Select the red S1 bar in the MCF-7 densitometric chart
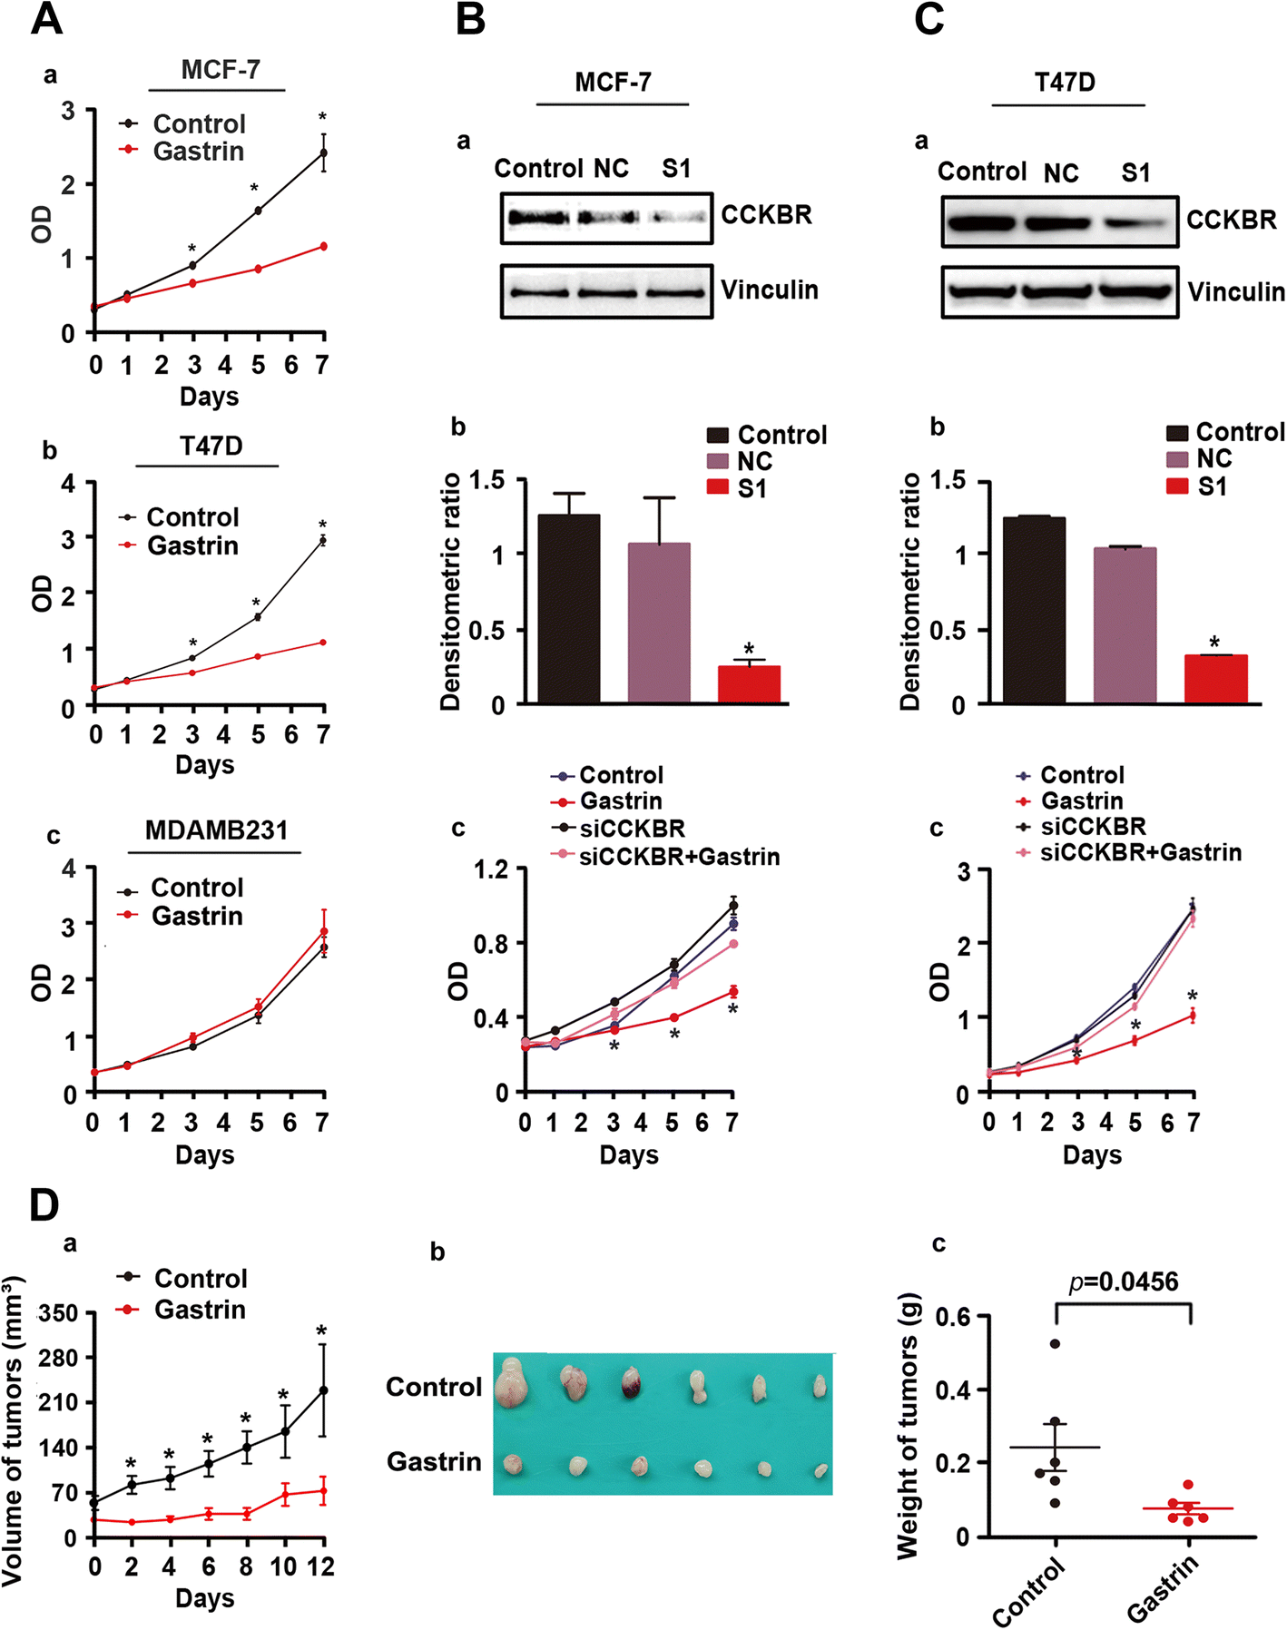point(749,684)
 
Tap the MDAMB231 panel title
point(216,830)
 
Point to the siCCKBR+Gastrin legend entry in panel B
point(679,856)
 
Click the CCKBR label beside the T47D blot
point(1231,220)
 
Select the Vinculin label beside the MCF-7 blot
point(770,290)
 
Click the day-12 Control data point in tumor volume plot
point(323,1389)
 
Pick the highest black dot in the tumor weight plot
point(1055,1343)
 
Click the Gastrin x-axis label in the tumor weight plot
point(1164,1587)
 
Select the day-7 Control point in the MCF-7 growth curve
point(323,152)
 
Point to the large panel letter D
point(44,1204)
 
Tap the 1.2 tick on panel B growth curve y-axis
point(491,869)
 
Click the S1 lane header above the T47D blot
point(1135,172)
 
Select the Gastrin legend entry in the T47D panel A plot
point(192,545)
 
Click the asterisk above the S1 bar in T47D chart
point(1214,643)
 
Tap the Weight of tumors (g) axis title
point(909,1425)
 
